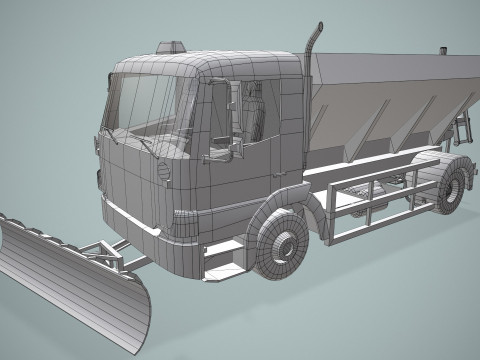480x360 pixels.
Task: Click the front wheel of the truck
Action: point(280,245)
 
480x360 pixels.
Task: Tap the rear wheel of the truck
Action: point(454,187)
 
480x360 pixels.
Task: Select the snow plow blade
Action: point(70,280)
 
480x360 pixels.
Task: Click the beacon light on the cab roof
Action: point(171,46)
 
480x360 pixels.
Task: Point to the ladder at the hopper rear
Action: point(463,125)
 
